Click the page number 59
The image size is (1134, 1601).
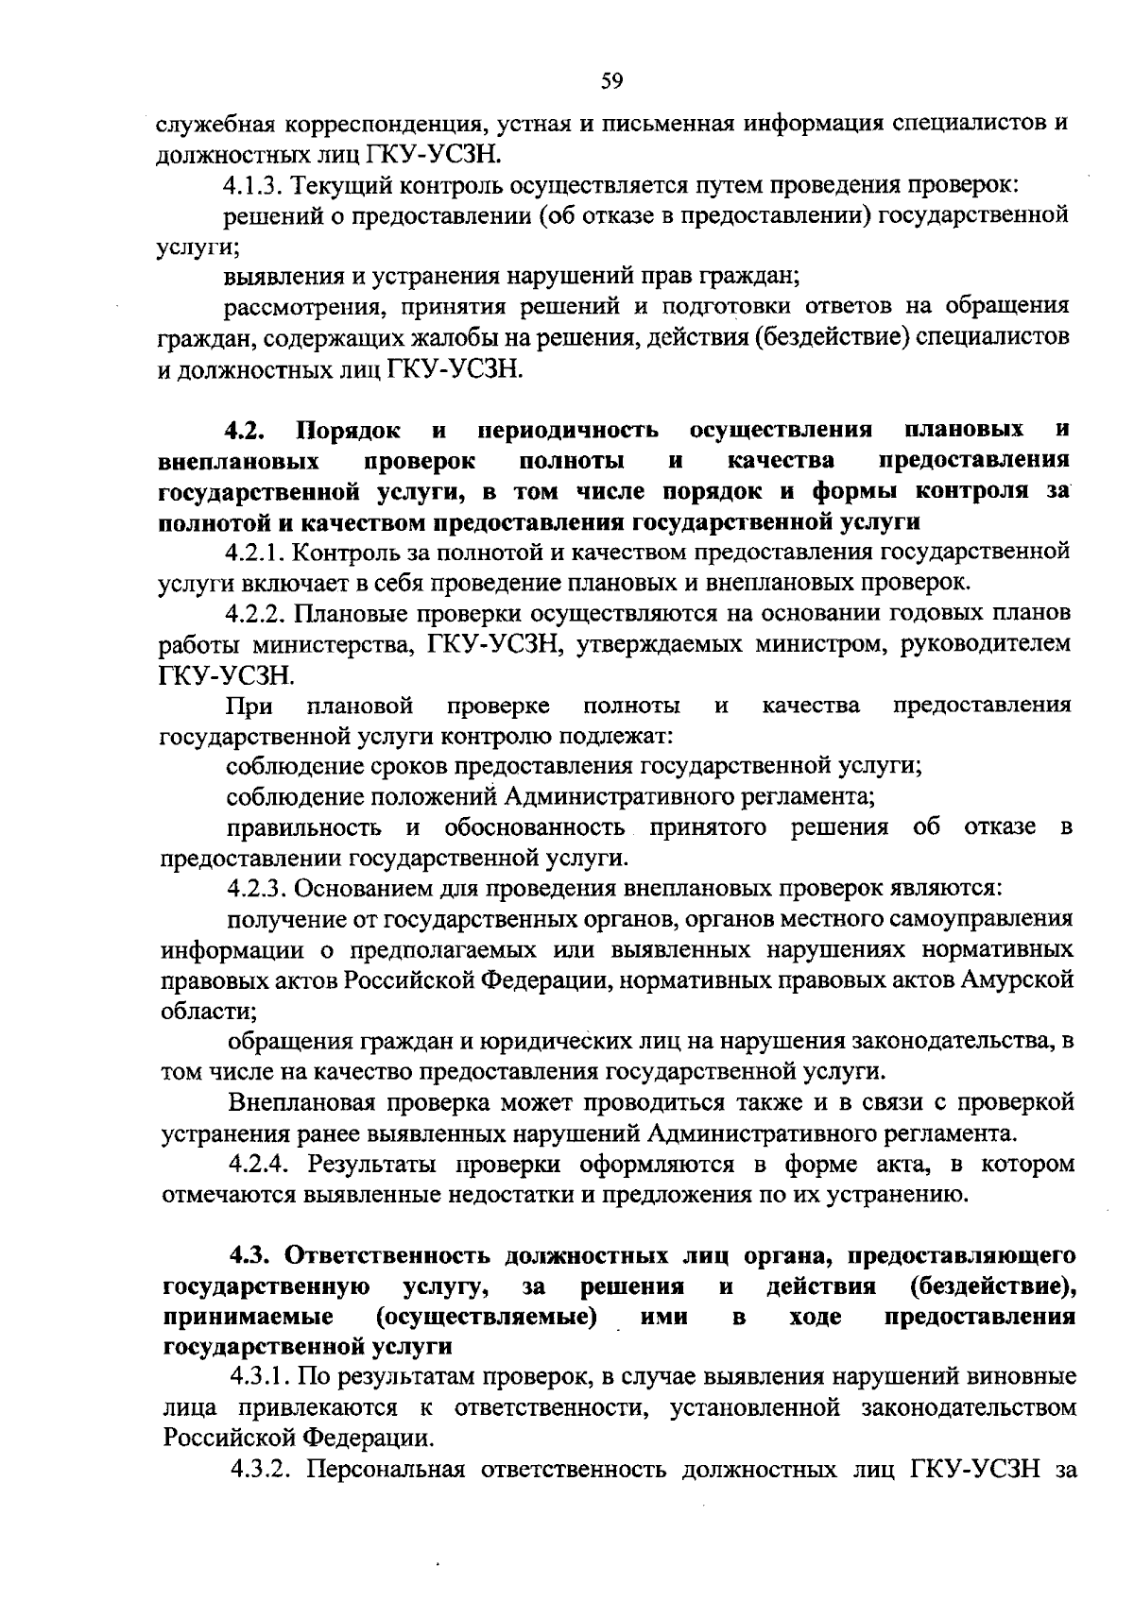tap(611, 81)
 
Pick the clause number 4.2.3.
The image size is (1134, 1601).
tap(255, 889)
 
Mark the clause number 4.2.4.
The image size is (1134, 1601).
tap(256, 1164)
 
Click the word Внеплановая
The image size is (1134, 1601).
tap(298, 1102)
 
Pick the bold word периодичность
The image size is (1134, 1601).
tap(568, 431)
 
